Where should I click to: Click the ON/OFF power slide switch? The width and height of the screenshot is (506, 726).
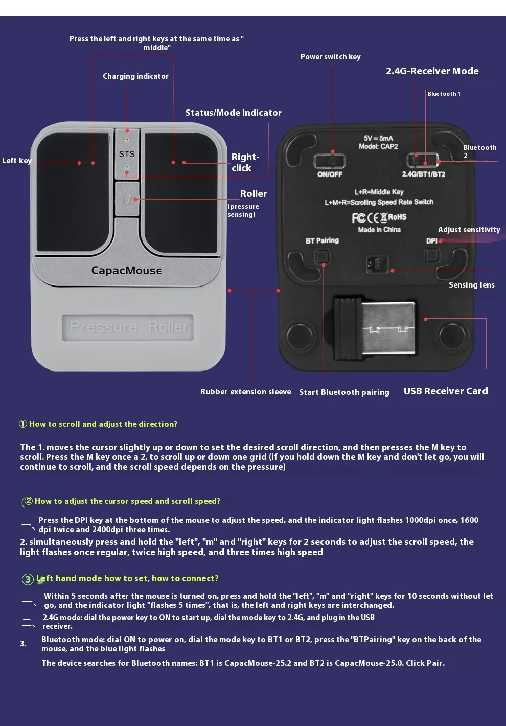tap(329, 161)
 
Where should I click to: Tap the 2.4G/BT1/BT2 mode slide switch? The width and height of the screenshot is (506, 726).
tap(423, 161)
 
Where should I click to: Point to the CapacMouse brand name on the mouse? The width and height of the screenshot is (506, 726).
tap(126, 270)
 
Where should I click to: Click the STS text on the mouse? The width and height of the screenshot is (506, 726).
tap(127, 153)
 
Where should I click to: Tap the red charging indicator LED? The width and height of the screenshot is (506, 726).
tap(127, 140)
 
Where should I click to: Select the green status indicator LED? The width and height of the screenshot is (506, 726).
tap(127, 167)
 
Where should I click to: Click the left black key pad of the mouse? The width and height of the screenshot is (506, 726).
tap(73, 189)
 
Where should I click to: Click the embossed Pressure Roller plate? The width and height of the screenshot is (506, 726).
tap(128, 327)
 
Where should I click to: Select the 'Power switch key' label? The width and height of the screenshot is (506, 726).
tap(330, 57)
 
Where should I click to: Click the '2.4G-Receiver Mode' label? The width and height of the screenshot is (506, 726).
tap(432, 71)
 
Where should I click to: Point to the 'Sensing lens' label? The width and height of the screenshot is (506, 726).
tap(471, 285)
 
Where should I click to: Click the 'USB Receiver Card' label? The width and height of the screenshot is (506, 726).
tap(445, 391)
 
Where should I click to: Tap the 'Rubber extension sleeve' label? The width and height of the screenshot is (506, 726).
tap(245, 392)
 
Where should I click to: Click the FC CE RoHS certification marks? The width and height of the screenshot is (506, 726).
tap(379, 217)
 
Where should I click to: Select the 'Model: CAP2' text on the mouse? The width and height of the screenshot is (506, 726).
tap(378, 146)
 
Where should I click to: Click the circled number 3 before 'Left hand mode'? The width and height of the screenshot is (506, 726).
tap(28, 579)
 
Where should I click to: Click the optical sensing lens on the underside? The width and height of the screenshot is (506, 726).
tap(377, 265)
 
